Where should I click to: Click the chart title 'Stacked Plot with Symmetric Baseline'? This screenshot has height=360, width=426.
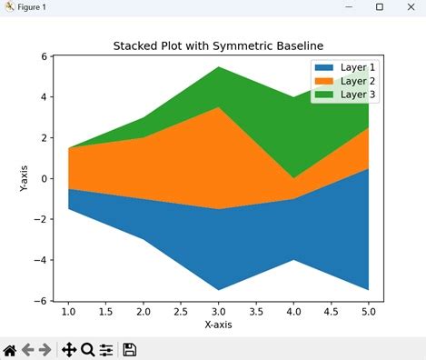point(218,45)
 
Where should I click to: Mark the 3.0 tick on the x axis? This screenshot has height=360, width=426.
point(218,311)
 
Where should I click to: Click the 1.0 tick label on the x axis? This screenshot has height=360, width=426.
point(68,311)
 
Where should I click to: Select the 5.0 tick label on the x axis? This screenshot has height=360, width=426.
point(368,311)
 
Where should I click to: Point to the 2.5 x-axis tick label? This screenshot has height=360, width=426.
point(181,311)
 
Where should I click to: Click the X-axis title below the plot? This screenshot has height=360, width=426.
point(218,325)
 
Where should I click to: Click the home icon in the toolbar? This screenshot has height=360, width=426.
point(11,349)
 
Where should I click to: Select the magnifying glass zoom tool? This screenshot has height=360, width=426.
point(87,349)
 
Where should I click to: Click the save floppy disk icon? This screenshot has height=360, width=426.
point(130,349)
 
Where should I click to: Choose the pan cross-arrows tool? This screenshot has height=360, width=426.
point(68,349)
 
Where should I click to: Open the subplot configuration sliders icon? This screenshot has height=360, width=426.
point(106,349)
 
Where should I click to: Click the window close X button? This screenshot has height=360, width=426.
point(408,7)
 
